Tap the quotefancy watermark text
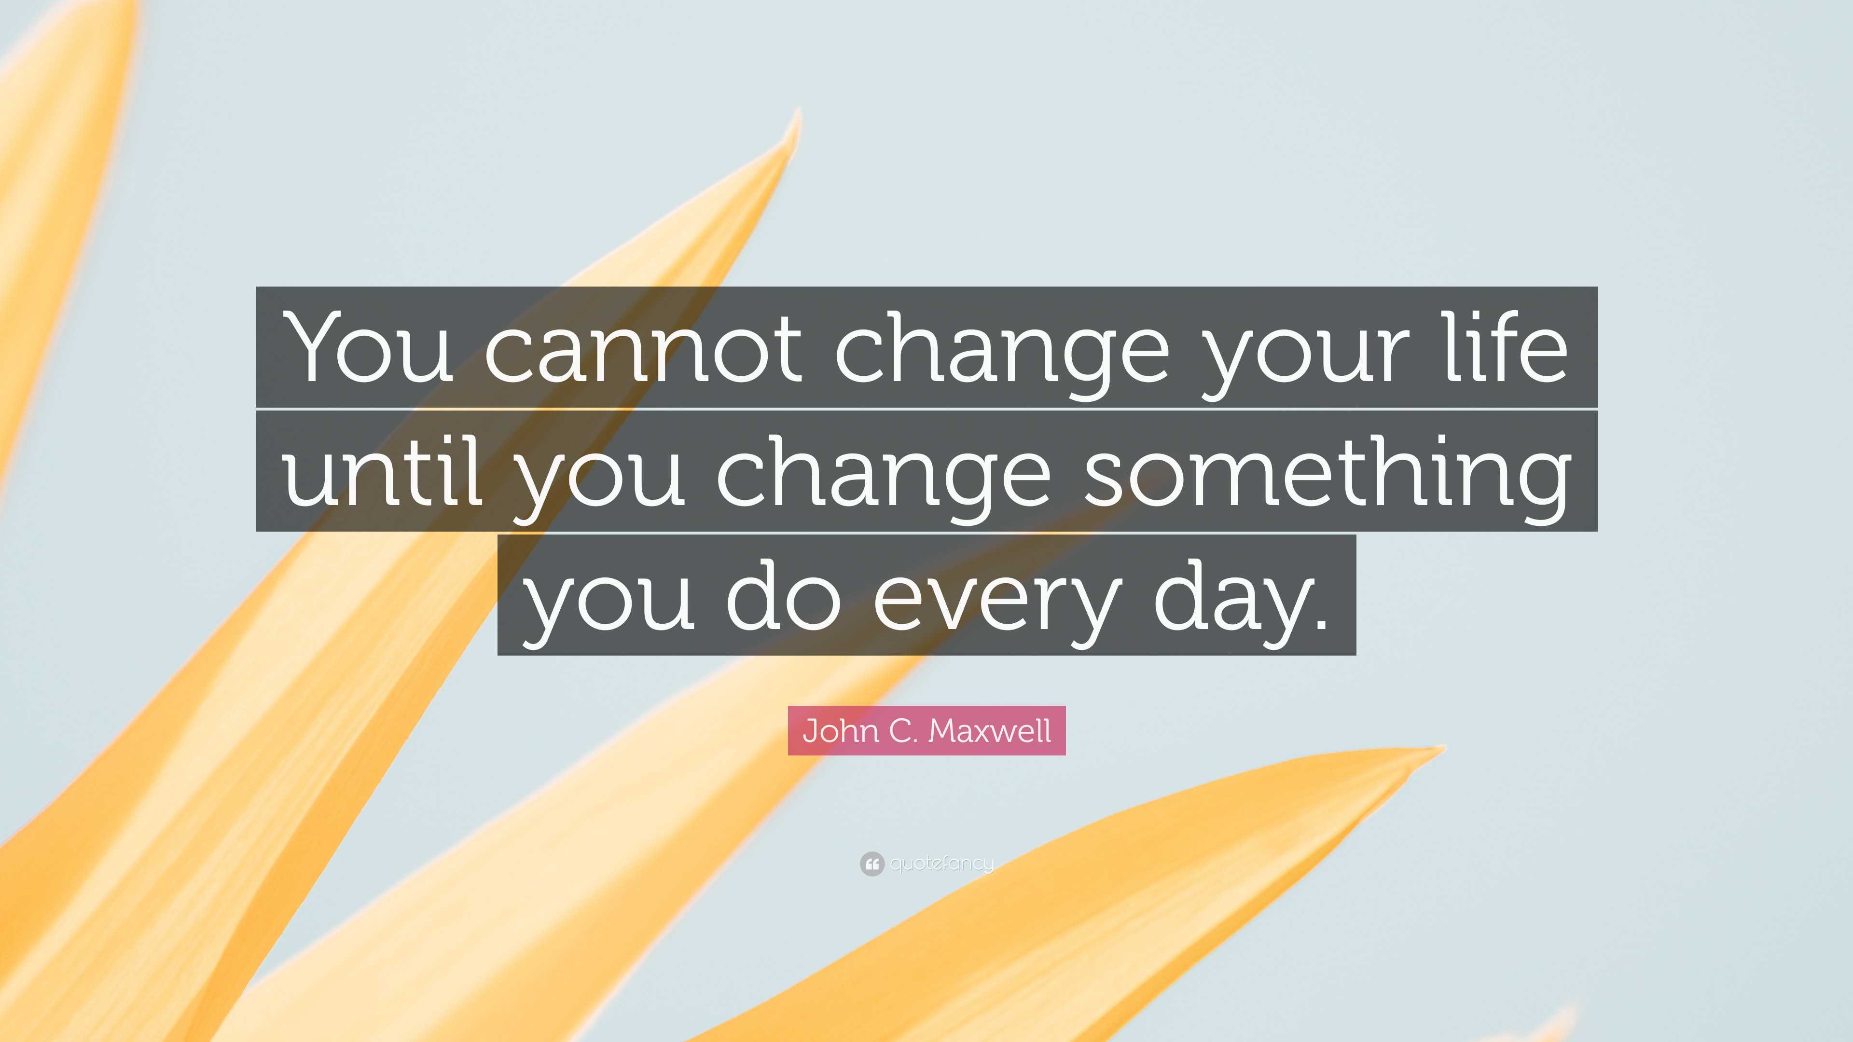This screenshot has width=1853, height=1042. [941, 863]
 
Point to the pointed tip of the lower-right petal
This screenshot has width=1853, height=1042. [1441, 749]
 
